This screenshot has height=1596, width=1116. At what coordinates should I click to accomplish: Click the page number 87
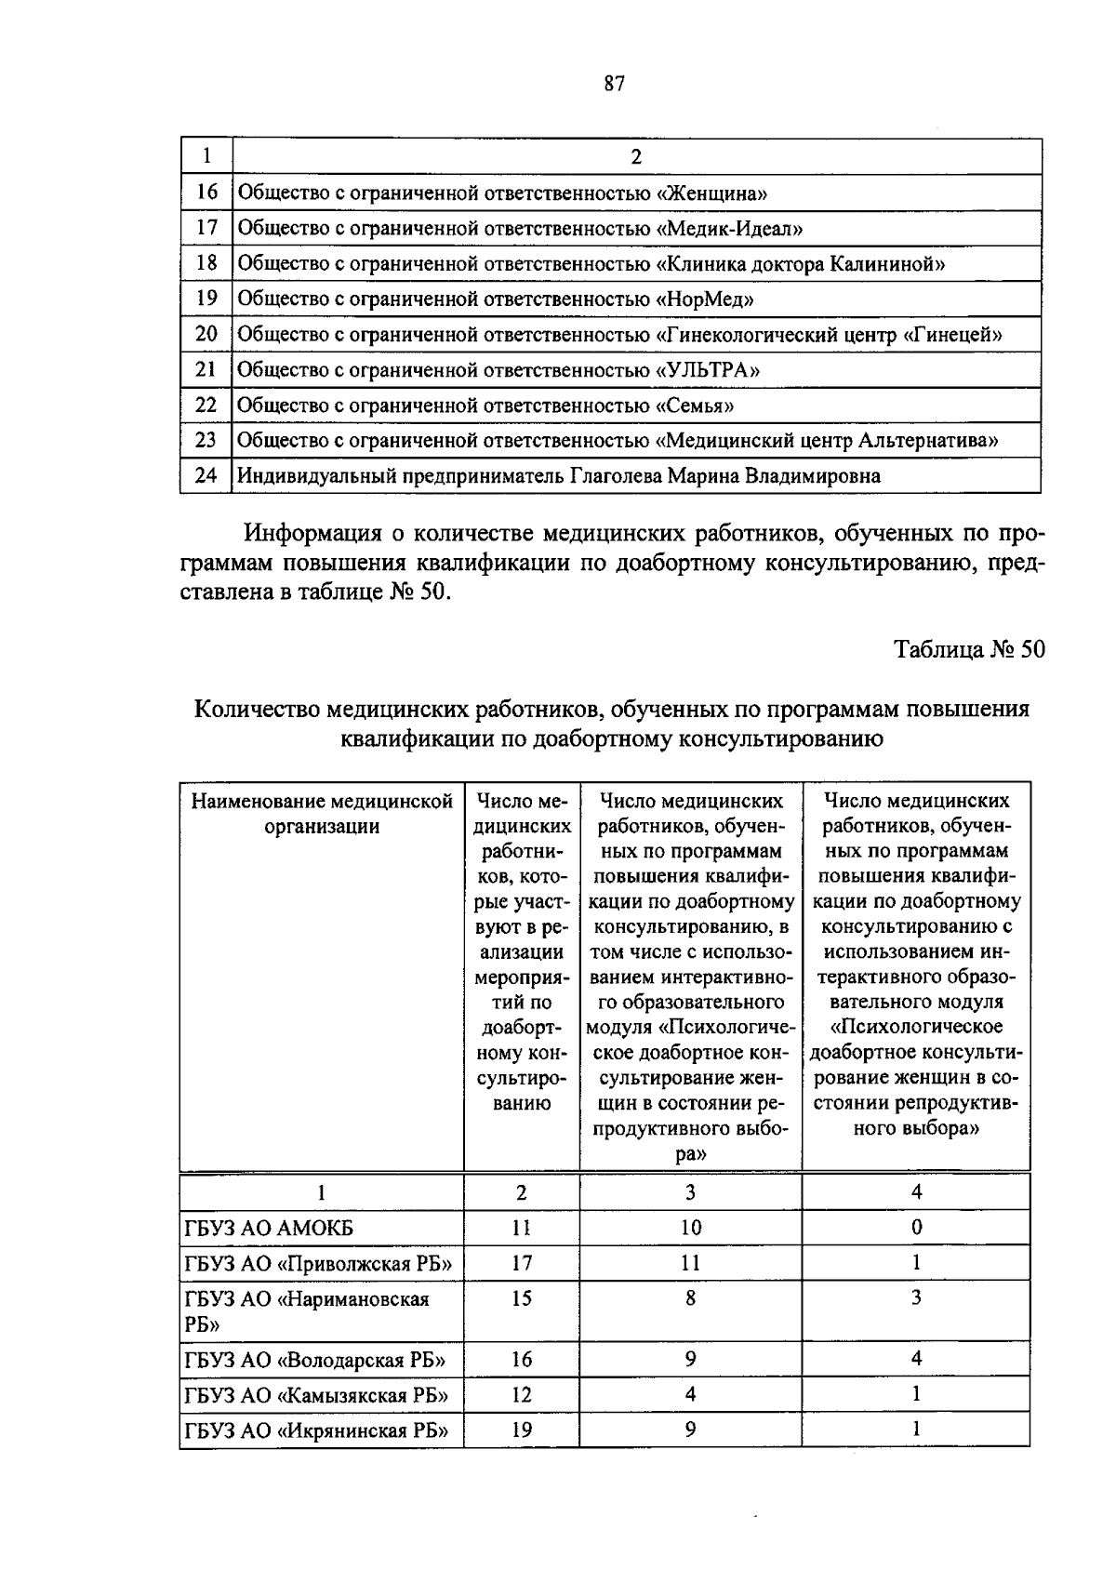click(613, 85)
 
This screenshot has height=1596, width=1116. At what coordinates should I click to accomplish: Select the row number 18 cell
click(206, 263)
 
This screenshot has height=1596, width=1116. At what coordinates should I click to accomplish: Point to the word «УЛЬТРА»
click(708, 370)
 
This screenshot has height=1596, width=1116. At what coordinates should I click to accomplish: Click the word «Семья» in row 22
click(696, 406)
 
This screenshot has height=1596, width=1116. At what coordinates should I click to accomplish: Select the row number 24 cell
click(206, 476)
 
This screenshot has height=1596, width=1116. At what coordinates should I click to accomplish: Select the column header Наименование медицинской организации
click(322, 813)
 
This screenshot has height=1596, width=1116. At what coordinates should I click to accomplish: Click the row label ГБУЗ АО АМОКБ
click(270, 1229)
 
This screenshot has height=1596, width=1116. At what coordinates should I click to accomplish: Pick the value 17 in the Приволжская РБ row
click(522, 1263)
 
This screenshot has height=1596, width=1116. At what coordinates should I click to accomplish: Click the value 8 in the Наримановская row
click(690, 1298)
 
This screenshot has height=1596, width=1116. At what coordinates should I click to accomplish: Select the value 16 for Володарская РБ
click(522, 1360)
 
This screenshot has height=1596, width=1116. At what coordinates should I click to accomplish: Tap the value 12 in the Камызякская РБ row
click(522, 1395)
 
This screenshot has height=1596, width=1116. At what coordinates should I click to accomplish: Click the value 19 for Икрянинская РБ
click(522, 1430)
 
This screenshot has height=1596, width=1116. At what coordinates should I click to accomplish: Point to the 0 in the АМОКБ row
click(916, 1228)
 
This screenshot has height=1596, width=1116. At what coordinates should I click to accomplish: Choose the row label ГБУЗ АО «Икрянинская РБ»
click(316, 1430)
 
